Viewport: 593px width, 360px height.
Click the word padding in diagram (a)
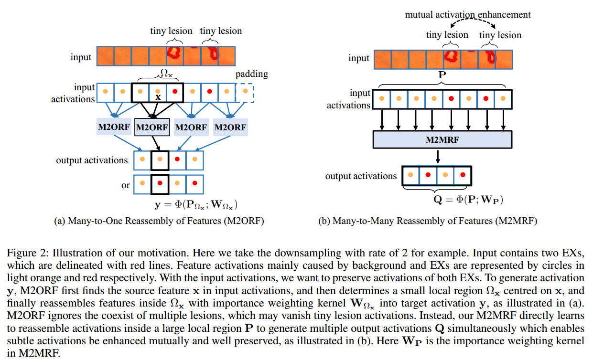coord(251,74)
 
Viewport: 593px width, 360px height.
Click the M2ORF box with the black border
coord(152,127)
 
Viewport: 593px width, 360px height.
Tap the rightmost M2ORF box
coord(230,127)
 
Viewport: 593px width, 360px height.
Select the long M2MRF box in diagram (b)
coord(442,139)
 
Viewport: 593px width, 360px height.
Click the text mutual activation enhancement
coord(467,15)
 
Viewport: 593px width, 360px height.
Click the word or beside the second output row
coord(125,185)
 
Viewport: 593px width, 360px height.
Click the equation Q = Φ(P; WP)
coord(468,199)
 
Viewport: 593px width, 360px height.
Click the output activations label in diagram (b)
coord(361,176)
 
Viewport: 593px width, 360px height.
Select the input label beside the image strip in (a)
coord(81,57)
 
